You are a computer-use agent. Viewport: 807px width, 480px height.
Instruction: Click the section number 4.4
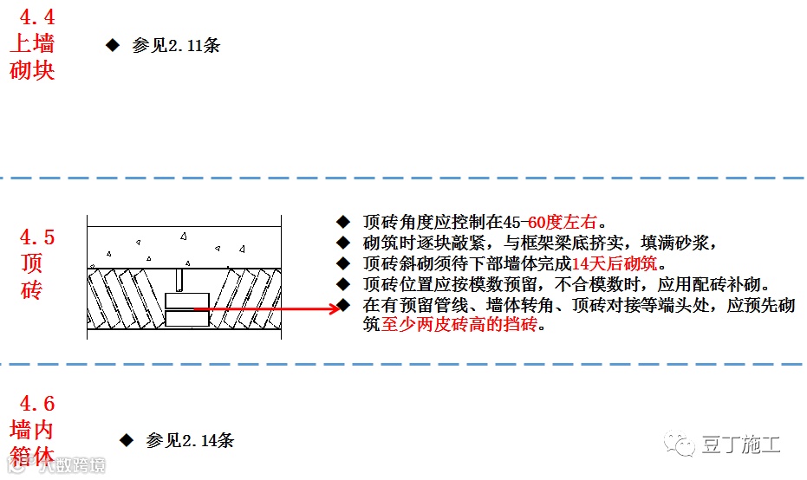[32, 15]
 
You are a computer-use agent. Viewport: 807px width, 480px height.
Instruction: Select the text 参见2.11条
[176, 45]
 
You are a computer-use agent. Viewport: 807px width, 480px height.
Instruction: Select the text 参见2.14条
[191, 440]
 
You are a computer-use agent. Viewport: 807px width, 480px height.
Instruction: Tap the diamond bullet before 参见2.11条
[112, 44]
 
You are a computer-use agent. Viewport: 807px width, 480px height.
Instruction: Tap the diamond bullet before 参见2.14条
[127, 440]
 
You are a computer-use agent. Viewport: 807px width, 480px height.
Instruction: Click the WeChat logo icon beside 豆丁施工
[680, 444]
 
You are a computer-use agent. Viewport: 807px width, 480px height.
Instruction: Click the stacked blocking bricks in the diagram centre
[186, 309]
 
